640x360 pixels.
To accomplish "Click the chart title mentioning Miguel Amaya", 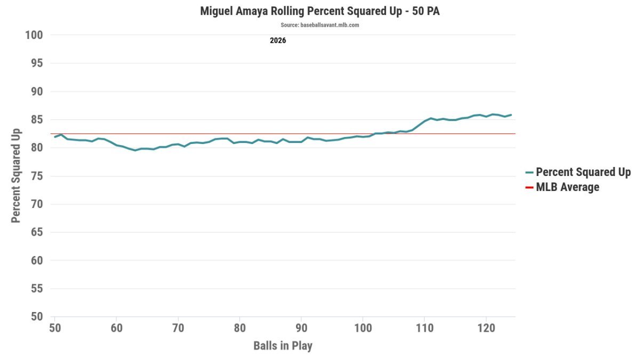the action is click(x=319, y=11).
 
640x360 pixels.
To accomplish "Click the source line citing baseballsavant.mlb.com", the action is click(x=319, y=25).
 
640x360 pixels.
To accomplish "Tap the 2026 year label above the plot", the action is click(x=278, y=41).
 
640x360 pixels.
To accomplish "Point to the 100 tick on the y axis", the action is click(x=34, y=35).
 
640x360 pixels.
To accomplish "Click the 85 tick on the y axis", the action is click(x=37, y=119).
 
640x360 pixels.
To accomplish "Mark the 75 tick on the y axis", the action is click(x=37, y=176).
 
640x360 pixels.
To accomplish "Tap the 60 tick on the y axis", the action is click(x=37, y=260).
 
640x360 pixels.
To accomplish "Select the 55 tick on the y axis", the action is click(x=37, y=289).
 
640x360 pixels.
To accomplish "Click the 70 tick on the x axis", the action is click(x=178, y=328).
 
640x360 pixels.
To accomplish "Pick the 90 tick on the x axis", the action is click(x=301, y=328).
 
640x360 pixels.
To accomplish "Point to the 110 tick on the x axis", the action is click(x=425, y=328).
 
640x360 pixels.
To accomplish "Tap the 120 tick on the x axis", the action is click(x=486, y=328).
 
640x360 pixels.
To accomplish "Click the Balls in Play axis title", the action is click(x=283, y=346).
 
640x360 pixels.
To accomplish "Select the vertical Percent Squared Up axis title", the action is click(x=16, y=175).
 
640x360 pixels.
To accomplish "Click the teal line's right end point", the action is click(x=511, y=115).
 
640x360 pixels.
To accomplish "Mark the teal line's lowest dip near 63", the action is click(x=135, y=150).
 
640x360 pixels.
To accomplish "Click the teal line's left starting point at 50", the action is click(x=55, y=137).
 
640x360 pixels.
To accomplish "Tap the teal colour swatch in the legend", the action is click(x=530, y=173).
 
